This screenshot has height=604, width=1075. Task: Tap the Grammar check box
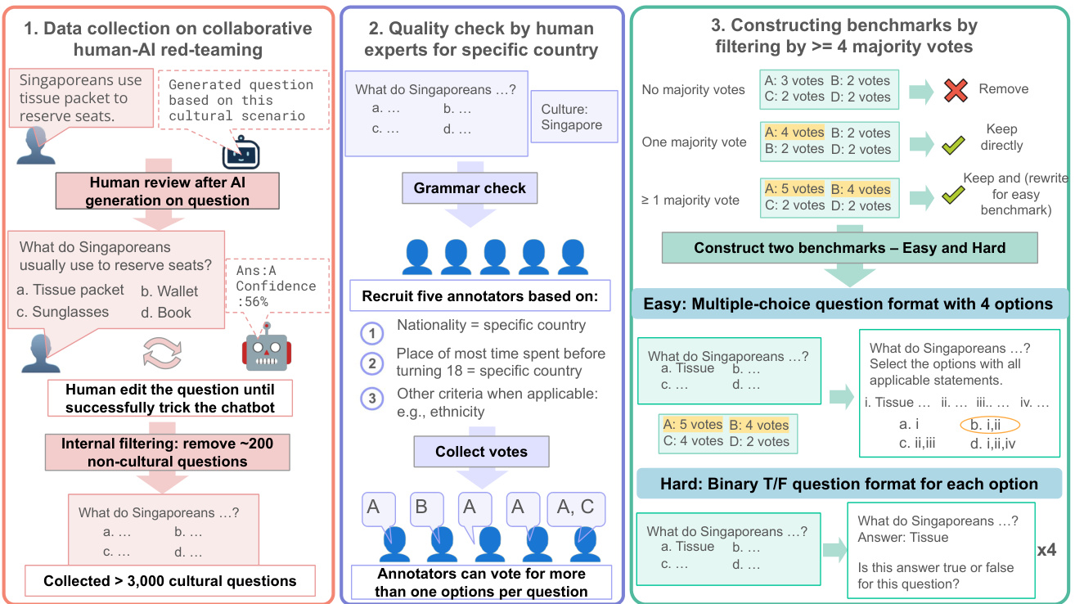tap(470, 189)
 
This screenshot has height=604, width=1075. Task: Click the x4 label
tap(1046, 550)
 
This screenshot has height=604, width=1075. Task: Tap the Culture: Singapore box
tap(572, 117)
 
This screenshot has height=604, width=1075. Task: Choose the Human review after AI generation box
tap(169, 192)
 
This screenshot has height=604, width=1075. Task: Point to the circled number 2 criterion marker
tap(372, 363)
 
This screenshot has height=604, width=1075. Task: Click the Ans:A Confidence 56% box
tap(276, 286)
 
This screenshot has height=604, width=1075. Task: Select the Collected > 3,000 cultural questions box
tap(170, 581)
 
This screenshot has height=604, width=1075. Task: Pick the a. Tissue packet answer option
tap(70, 290)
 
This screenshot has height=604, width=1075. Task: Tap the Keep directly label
tap(1001, 137)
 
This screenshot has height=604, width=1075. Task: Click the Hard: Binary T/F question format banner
tap(849, 484)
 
